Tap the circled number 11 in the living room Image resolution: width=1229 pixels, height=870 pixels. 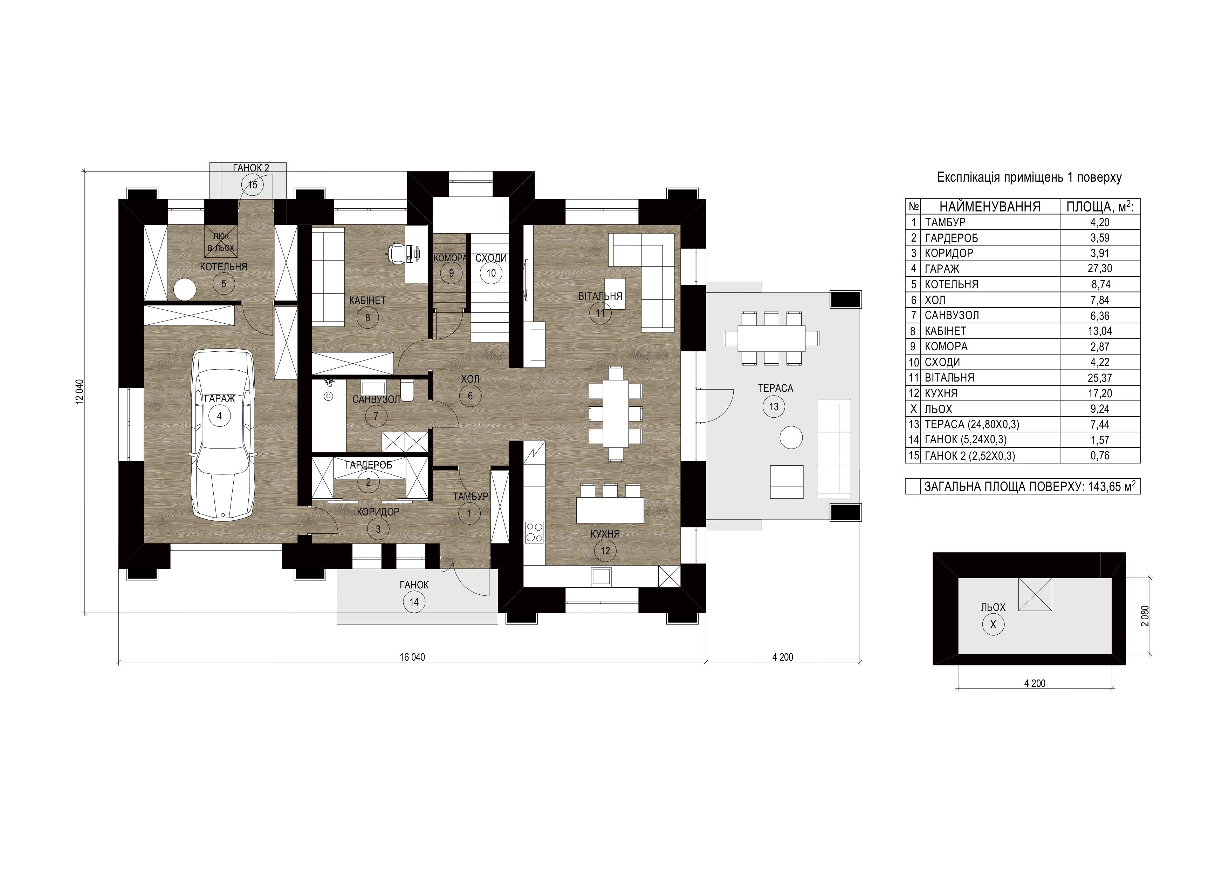[600, 313]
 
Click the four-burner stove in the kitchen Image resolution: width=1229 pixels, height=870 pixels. [535, 532]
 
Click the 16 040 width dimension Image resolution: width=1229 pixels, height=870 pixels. [412, 657]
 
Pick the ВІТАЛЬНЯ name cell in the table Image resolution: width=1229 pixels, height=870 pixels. [949, 378]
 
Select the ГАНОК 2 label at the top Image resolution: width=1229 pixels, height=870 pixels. [251, 168]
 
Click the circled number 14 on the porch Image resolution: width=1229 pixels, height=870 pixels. [414, 602]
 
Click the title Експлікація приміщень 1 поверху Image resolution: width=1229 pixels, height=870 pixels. [1029, 177]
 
